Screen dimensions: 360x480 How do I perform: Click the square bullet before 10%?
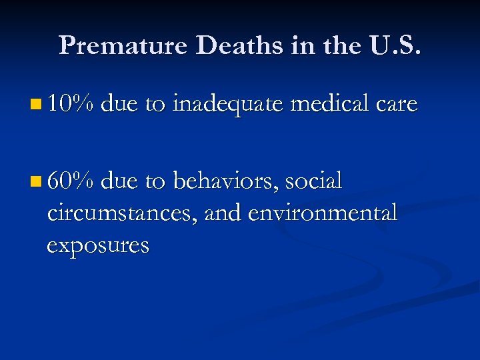[35, 105]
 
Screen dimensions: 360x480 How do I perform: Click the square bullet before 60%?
[35, 181]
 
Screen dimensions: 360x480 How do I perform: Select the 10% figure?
[72, 104]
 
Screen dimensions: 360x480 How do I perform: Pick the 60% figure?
[72, 181]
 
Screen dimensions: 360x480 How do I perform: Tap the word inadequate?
[227, 104]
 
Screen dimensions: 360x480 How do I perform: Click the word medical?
[328, 104]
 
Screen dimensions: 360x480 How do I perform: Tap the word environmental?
[323, 213]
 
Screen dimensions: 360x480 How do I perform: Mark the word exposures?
[98, 246]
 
